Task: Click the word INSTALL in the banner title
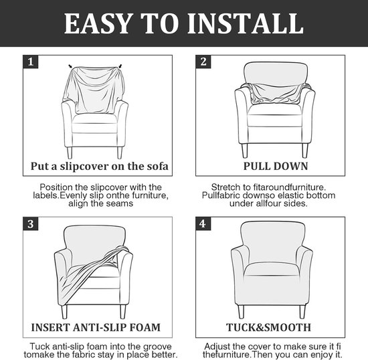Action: pos(246,23)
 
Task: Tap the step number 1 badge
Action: pos(31,62)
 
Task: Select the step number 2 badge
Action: pos(203,62)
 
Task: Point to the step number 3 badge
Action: pos(31,224)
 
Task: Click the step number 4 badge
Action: pos(203,224)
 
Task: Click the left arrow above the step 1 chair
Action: pos(70,66)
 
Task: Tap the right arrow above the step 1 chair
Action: pos(120,66)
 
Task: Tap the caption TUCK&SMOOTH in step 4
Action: pos(268,327)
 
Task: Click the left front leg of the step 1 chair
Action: pos(70,153)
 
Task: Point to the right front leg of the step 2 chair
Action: pos(305,151)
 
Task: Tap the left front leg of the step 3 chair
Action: pos(64,312)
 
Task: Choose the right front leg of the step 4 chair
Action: pos(302,312)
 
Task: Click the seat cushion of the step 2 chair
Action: pos(274,116)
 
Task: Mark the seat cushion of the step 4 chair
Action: pos(272,270)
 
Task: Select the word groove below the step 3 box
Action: pos(157,347)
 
